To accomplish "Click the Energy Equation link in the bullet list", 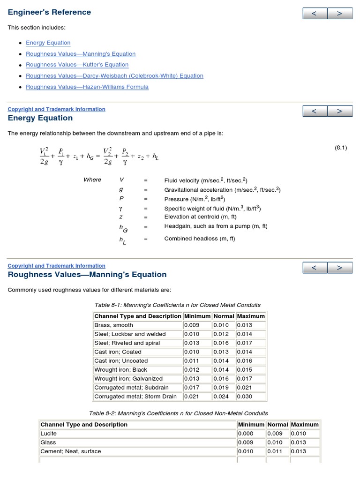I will coord(48,43).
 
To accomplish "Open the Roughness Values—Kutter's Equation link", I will coord(77,65).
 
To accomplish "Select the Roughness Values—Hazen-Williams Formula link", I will coord(87,87).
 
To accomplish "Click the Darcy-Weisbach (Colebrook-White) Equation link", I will coord(114,76).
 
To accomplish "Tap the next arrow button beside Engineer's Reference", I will coord(340,14).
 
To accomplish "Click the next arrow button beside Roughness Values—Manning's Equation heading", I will coord(340,268).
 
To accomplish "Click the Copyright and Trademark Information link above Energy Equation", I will coord(56,109).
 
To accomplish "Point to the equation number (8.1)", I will coord(341,148).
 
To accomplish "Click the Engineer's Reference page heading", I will coord(49,12).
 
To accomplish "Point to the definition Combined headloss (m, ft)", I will coord(200,239).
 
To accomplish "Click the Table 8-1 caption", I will coord(178,305).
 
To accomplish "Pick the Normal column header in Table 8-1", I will coord(224,316).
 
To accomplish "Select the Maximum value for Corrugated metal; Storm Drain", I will coord(244,397).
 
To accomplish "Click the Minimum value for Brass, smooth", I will coord(192,325).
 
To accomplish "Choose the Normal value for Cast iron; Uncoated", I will coord(221,361).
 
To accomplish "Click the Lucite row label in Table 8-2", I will coord(48,434).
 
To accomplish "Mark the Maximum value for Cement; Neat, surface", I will coord(298,451).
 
